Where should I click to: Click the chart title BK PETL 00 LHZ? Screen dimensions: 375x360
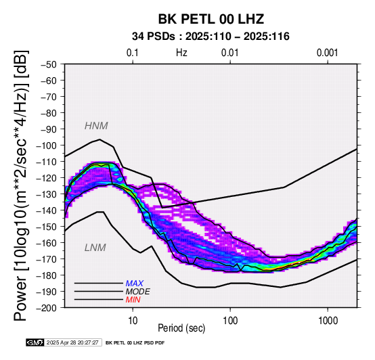tap(211, 19)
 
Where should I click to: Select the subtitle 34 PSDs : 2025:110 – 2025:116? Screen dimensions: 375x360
tap(211, 37)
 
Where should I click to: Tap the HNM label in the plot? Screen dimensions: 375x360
tap(96, 126)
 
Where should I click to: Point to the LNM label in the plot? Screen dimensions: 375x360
tap(95, 248)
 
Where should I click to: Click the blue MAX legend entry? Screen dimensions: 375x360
tap(135, 284)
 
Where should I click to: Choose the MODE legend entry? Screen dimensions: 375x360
tap(138, 292)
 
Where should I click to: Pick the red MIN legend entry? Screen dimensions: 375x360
tap(133, 300)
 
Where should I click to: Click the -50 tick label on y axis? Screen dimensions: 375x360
tap(49, 64)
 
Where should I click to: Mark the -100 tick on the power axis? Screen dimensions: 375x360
tap(47, 145)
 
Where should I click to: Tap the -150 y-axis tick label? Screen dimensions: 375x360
tap(47, 227)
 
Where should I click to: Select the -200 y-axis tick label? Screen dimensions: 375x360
tap(47, 308)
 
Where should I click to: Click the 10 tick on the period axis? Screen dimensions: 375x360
tap(133, 321)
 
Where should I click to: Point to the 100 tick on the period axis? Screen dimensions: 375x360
tap(230, 321)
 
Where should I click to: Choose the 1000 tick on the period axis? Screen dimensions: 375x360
tap(328, 321)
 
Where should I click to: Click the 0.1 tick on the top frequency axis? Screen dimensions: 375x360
tap(133, 53)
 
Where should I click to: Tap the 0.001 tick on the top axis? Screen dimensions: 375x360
tap(327, 53)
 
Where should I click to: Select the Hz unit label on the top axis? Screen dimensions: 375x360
tap(181, 53)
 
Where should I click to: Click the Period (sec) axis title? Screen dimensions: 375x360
tap(181, 328)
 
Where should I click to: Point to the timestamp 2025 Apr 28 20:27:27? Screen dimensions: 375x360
tap(72, 342)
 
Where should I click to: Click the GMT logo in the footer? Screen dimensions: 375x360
tap(35, 342)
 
